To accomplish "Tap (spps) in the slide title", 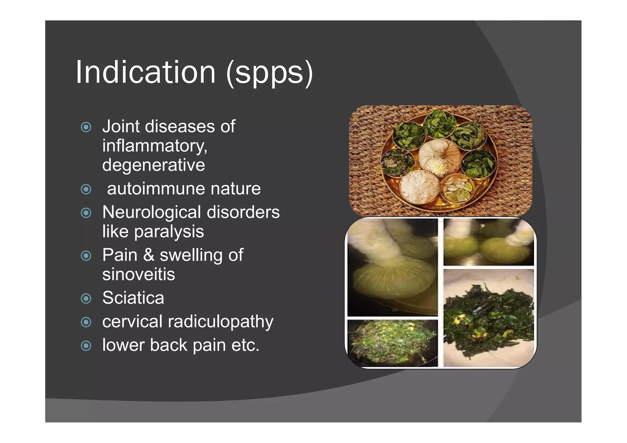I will click(269, 73).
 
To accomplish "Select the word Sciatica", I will click(133, 298).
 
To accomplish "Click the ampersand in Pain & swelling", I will click(149, 255).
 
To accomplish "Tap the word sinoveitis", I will click(139, 274).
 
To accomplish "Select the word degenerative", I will click(153, 165).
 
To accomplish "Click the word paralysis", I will click(169, 231).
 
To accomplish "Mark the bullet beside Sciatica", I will click(86, 298).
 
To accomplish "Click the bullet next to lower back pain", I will click(86, 346).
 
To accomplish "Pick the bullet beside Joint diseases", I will click(86, 127).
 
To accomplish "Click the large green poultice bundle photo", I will click(392, 267).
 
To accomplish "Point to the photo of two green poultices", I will click(488, 242).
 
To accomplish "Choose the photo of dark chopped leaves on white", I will click(488, 318).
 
